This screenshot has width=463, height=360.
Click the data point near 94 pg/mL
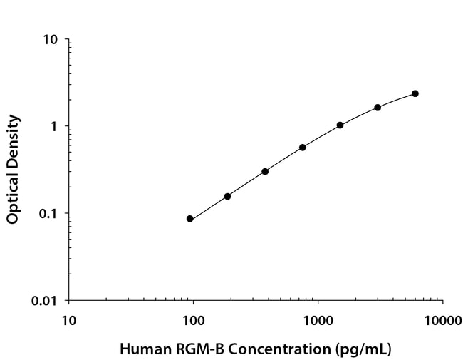click(x=190, y=219)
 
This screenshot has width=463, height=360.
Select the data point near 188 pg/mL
click(x=227, y=196)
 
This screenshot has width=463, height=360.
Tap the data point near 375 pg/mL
click(x=265, y=171)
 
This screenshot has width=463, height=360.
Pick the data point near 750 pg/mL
click(x=303, y=148)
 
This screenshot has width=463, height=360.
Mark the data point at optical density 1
click(x=340, y=125)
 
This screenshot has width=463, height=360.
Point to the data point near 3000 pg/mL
click(x=378, y=107)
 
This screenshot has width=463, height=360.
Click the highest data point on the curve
click(x=415, y=93)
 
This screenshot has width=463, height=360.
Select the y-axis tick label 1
click(x=54, y=126)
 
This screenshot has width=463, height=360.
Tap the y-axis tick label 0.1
click(x=49, y=213)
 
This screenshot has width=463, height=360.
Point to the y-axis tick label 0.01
click(x=46, y=300)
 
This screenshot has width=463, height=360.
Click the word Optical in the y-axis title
click(x=13, y=196)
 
